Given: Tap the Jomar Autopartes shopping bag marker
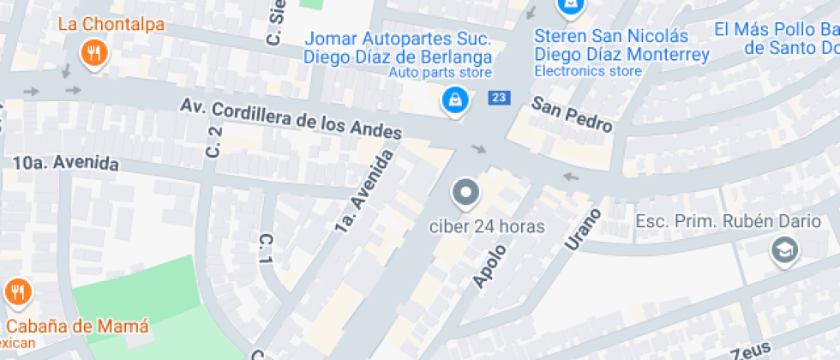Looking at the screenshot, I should coord(454,101).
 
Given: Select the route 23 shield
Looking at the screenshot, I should coord(499,98).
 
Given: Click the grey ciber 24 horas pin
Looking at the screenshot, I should coord(466,193).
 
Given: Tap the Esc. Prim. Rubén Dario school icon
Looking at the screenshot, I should coord(783,250).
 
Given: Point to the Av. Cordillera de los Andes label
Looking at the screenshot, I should coord(291,118).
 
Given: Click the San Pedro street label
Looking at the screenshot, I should coord(572,115).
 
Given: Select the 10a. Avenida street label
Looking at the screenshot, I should coord(65,163).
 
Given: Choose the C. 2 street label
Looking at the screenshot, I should coord(214,141).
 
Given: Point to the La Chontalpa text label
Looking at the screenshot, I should coord(111,23).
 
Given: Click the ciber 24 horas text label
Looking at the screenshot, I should coord(487,228).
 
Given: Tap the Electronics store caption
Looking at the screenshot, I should coord(588,71).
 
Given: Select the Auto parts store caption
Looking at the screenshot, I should coord(440,73).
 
